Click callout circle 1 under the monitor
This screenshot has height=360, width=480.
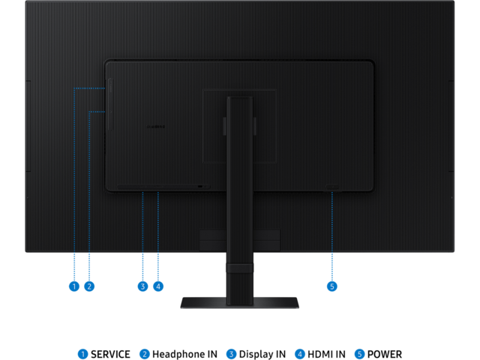pos(73,286)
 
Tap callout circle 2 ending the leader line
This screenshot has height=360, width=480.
pos(88,286)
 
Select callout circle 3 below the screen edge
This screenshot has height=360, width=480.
pos(142,286)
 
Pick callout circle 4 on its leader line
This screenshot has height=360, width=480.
pos(157,286)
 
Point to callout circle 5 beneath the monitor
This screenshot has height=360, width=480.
pos(332,286)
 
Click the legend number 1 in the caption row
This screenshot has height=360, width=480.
pos(83,353)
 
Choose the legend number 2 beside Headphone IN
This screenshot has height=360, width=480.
pos(144,353)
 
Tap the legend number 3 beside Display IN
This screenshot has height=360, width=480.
pos(232,353)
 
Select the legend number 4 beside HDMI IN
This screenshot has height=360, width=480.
pos(300,353)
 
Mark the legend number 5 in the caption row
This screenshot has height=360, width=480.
pos(360,353)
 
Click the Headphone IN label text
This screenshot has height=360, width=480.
pos(175,353)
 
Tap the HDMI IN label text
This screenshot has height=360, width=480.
pos(328,353)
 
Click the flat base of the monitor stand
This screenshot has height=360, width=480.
pos(239,303)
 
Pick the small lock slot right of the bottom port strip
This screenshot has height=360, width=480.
pos(200,186)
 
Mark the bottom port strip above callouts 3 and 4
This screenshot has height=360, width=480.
pos(154,186)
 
